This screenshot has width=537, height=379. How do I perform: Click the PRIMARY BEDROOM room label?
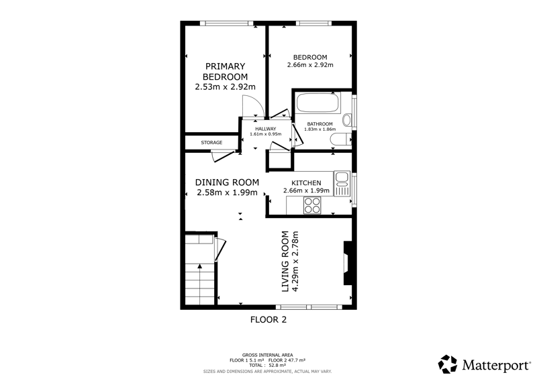tap(225, 71)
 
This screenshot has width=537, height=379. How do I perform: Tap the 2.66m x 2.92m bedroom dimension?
tap(310, 64)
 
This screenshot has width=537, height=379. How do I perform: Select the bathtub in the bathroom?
tap(318, 103)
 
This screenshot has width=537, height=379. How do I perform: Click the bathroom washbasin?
tap(347, 120)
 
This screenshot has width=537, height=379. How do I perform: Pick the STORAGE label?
tap(211, 142)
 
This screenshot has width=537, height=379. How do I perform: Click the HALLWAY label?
tap(265, 129)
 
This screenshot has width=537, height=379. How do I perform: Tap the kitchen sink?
tap(342, 184)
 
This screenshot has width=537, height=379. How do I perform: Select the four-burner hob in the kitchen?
tap(312, 205)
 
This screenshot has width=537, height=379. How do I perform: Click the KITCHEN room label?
tap(306, 183)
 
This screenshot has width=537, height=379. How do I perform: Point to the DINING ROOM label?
tap(227, 182)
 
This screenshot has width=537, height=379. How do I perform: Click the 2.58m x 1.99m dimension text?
tap(227, 193)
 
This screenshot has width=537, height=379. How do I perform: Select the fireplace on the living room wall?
tap(348, 263)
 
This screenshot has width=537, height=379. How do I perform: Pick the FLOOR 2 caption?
tap(268, 320)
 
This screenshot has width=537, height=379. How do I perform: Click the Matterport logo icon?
tap(448, 364)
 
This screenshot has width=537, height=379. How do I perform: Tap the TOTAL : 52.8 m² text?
tap(267, 366)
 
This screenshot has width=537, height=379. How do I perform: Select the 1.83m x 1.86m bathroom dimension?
tap(320, 129)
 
